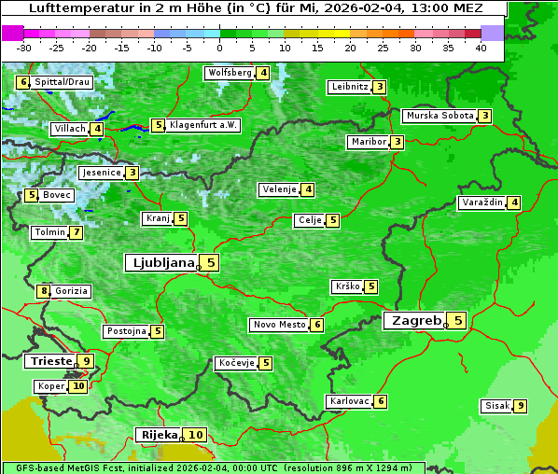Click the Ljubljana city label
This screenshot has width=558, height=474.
tap(160, 263)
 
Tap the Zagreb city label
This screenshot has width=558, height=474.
tap(414, 321)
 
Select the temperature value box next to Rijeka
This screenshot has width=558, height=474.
tap(195, 435)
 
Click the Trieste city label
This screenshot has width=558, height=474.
tap(50, 361)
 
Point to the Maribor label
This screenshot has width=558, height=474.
tap(367, 142)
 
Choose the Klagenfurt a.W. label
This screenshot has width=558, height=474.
tap(203, 125)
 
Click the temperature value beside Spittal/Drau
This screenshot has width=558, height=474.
tap(23, 82)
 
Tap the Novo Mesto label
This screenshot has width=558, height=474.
tap(279, 325)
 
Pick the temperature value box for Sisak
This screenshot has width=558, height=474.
tap(520, 406)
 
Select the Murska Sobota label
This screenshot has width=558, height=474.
tap(439, 116)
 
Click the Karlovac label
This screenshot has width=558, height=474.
tap(350, 401)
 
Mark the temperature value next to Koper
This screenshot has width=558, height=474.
tap(78, 386)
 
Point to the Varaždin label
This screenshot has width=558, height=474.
tap(482, 202)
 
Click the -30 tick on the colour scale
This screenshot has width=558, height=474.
tap(24, 47)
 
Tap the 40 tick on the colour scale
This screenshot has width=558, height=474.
tap(481, 47)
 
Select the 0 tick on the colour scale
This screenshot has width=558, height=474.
tap(220, 47)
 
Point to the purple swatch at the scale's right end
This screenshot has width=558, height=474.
tap(492, 33)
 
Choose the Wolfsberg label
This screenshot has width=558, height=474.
tap(229, 73)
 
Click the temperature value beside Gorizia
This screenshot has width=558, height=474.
tap(43, 291)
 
